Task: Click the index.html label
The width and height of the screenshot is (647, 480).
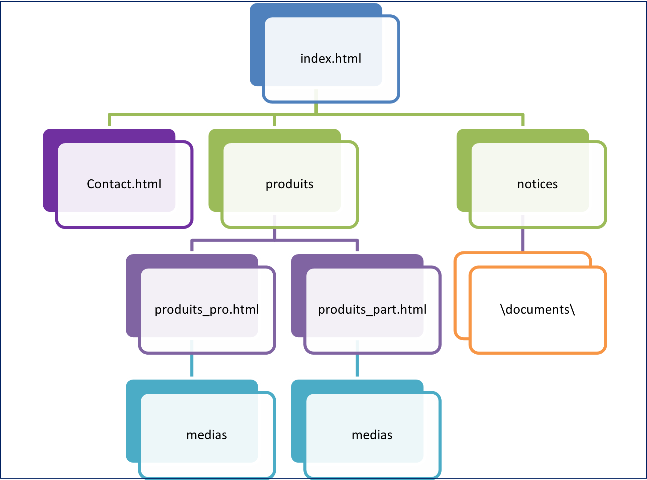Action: pos(331,59)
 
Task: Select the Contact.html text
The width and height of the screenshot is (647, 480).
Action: pos(124,184)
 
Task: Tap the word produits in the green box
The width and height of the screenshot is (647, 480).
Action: pos(289,184)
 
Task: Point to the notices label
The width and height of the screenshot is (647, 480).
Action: pos(537,184)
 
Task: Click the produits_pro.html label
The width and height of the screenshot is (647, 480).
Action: pos(207,310)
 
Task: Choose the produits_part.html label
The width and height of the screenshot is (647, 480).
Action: pos(372,310)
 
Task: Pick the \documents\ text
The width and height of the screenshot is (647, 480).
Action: pos(537,310)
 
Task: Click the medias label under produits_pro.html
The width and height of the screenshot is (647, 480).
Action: pos(206,435)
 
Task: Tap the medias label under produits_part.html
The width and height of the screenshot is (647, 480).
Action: pos(372,435)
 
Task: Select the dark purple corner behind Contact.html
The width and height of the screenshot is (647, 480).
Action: pos(50,171)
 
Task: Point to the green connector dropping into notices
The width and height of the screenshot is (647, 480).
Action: pos(523,120)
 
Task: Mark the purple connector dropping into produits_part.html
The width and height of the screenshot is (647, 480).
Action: pos(357,246)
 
